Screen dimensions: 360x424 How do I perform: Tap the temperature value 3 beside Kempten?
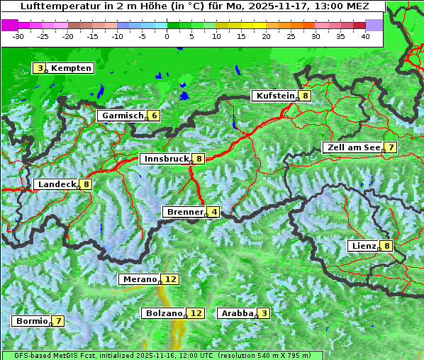tap(40, 68)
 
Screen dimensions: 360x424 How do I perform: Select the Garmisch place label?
tap(123, 116)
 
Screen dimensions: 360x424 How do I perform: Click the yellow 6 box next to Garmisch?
tap(153, 116)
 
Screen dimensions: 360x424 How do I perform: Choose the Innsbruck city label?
tap(165, 159)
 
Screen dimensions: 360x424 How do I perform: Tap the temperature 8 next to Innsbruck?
tap(199, 159)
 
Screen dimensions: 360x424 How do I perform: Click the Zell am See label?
tap(352, 147)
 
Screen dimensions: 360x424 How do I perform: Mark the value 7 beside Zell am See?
tap(389, 147)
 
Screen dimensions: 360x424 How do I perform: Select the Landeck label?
tap(57, 184)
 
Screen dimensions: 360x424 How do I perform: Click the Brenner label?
tap(184, 212)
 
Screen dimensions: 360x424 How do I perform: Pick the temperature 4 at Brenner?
tap(213, 212)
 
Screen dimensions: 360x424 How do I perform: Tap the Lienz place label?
tap(363, 246)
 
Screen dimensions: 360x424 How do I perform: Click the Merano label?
tap(139, 279)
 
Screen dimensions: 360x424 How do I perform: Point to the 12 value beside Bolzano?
tap(196, 313)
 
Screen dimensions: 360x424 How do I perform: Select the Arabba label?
tap(237, 313)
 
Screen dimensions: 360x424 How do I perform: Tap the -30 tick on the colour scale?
tap(18, 36)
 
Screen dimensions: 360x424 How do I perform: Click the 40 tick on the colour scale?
tap(365, 36)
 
